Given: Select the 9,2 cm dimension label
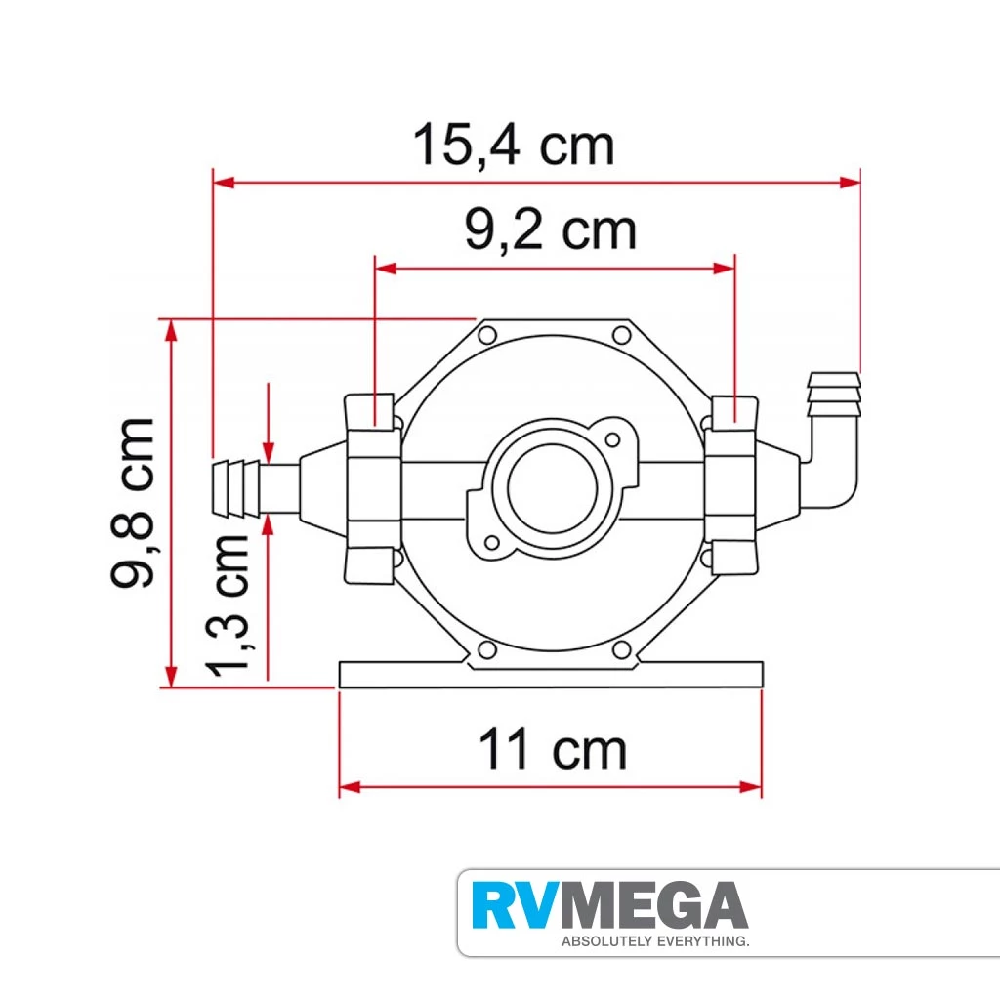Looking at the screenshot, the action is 551,230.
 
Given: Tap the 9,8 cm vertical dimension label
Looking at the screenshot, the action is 133,503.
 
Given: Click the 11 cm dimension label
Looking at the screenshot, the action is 553,749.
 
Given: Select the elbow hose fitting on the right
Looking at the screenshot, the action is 830,440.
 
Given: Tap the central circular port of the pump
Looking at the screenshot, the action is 553,488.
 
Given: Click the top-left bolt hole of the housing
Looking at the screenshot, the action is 487,335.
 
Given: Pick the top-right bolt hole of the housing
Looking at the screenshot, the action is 621,335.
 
